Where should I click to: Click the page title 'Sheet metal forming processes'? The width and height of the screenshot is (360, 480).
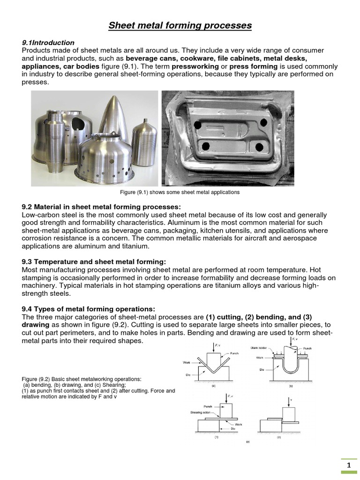pos(180,25)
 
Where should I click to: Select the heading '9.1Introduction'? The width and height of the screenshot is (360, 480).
pos(48,43)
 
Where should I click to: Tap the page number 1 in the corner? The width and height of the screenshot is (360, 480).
pos(349,465)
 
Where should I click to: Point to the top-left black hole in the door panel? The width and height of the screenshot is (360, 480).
pos(198,126)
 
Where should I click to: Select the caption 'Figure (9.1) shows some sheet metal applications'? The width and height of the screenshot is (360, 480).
pos(180,192)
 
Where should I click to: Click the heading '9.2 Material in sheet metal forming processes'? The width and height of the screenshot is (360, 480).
pos(101,207)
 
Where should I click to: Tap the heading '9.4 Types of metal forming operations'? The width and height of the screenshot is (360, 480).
pos(88,308)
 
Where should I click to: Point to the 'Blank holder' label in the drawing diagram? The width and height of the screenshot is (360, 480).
pos(258,348)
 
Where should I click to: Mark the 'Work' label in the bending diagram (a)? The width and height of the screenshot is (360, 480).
pos(186,362)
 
